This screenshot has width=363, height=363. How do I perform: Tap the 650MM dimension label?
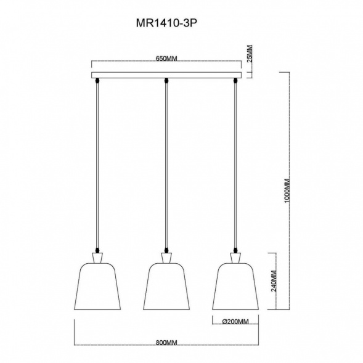coord(165,59)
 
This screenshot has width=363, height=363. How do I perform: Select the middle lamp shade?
coord(166,287)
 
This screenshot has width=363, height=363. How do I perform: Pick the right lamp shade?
coord(235,287)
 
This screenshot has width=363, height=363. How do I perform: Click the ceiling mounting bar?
coord(166,76)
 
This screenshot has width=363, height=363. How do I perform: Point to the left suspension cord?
coord(97,166)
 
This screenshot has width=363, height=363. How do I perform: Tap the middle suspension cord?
coord(166,166)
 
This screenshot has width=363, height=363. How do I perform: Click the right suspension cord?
coord(235,166)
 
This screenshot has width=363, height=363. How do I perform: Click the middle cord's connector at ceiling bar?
coord(166,81)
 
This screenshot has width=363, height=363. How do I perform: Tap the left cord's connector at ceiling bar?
coord(97,81)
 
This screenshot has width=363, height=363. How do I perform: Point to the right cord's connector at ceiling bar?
coord(235,81)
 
